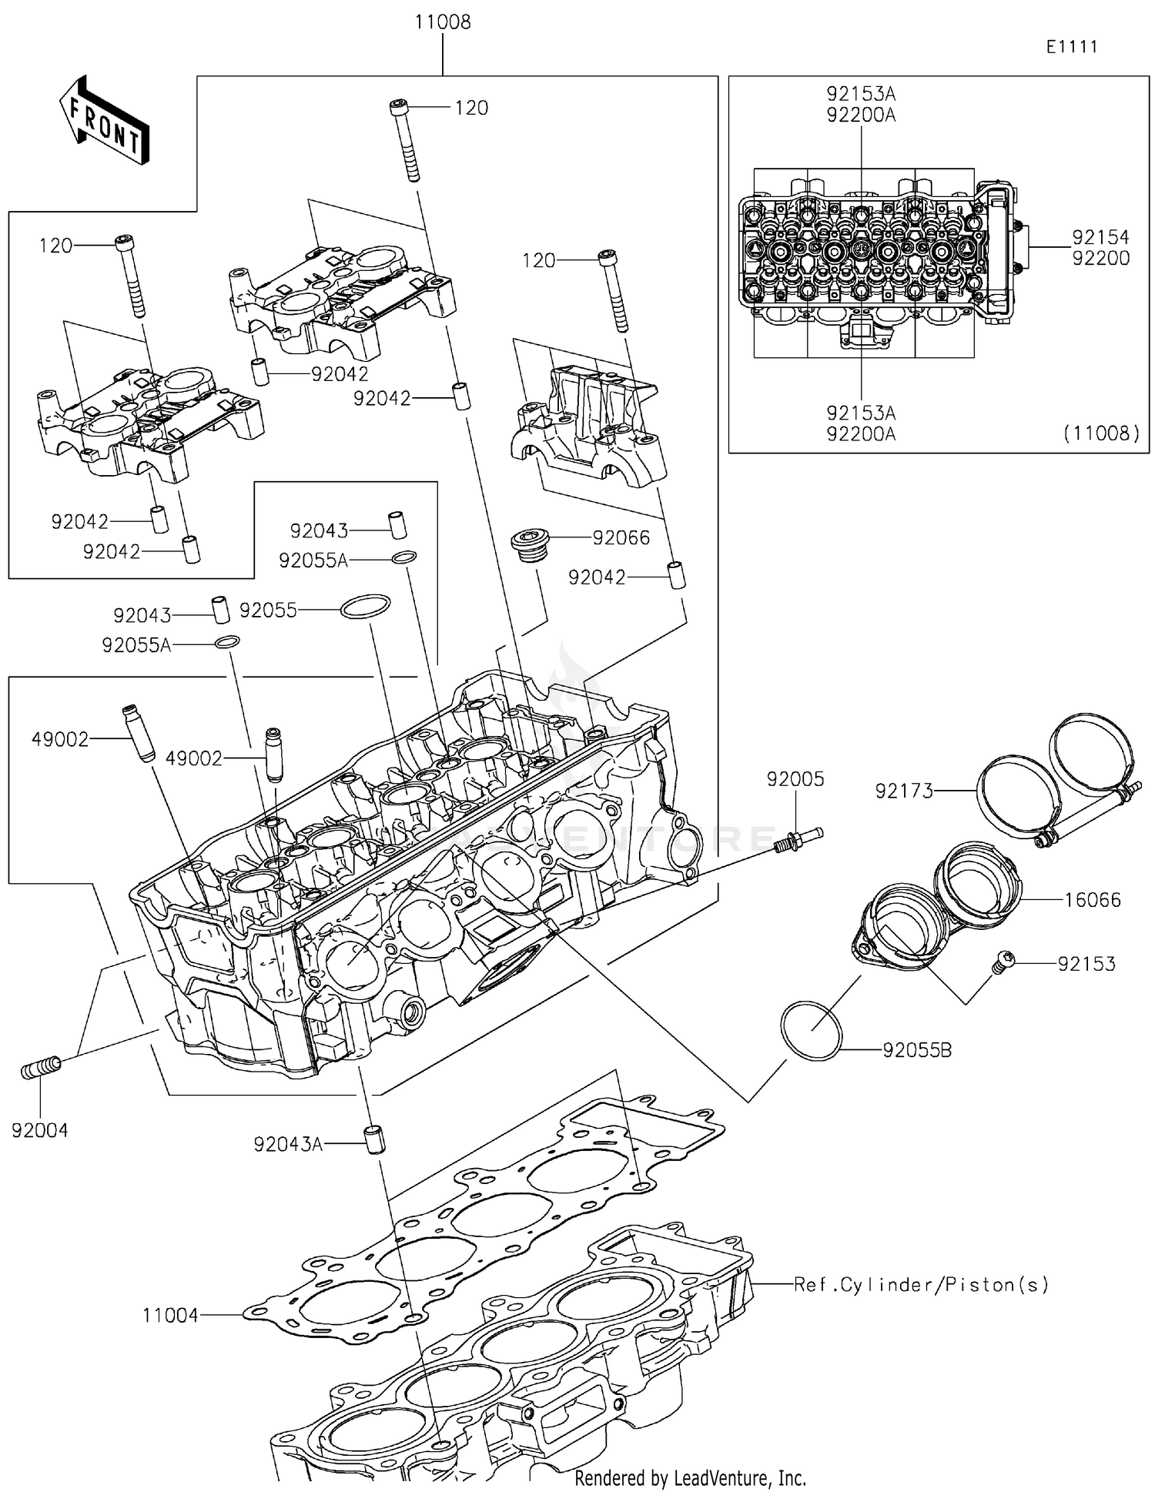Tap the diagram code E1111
pos(1071,47)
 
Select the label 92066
pos(621,537)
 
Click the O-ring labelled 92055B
pos(811,1031)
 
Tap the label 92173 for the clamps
pos(903,791)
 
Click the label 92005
pos(795,779)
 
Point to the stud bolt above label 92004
pos(40,1069)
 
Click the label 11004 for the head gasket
pos(170,1316)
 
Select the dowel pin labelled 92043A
pos(373,1139)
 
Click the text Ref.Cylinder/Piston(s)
pos(921,1285)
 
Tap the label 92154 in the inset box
pos(1100,237)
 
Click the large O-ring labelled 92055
pos(366,607)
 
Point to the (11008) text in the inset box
pos(1101,433)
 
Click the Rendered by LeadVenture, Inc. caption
pos(690,1478)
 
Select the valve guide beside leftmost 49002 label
pos(136,733)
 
